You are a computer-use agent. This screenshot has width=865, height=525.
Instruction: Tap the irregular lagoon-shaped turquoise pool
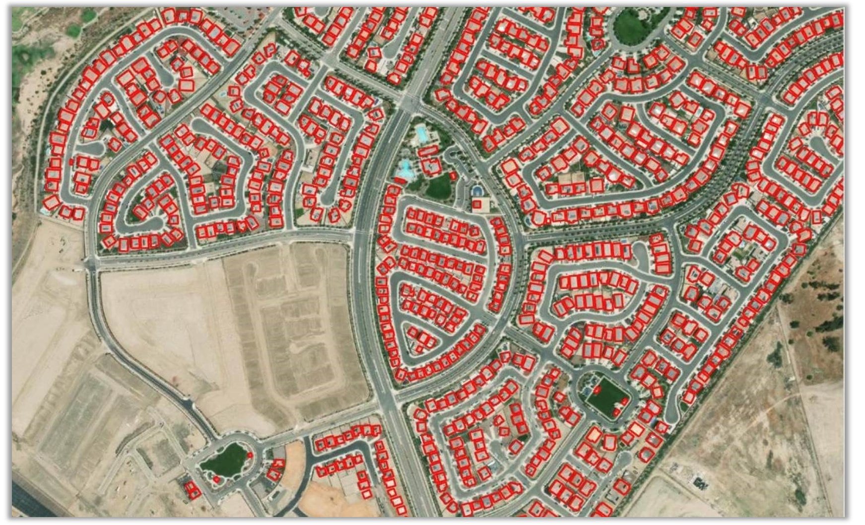[405, 169]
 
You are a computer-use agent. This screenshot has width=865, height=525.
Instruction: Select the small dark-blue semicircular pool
[476, 190]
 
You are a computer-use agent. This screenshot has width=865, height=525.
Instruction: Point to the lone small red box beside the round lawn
[453, 175]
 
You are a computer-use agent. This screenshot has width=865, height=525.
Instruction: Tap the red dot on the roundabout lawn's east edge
[250, 454]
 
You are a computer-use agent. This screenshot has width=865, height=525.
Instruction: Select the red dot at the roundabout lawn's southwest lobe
[216, 479]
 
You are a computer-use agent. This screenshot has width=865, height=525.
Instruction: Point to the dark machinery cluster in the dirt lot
[701, 481]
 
